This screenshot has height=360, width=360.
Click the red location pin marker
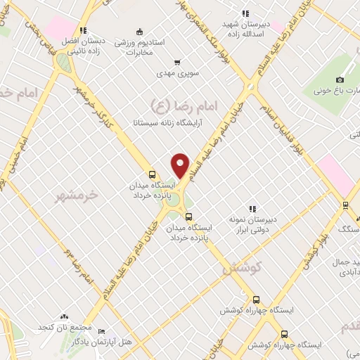pos(181,165)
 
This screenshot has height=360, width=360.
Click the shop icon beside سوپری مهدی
pos(177,61)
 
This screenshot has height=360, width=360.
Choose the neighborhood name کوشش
pos(242,267)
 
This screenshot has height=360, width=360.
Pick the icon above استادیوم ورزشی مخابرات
pos(139,31)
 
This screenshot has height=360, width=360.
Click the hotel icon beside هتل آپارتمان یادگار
pos(102,331)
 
